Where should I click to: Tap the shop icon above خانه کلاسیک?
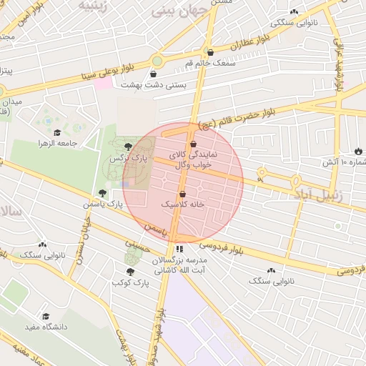click(182, 194)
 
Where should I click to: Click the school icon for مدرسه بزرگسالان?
click(179, 249)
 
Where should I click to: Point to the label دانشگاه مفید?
click(46, 326)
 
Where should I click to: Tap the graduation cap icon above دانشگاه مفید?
click(46, 316)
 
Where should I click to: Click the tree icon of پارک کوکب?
click(129, 272)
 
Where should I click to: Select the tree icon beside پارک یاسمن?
click(103, 193)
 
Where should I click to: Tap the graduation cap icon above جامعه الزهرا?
click(57, 132)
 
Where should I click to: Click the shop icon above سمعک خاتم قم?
click(210, 52)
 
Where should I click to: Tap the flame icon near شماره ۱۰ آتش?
click(357, 152)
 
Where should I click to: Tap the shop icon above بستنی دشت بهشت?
click(154, 74)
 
